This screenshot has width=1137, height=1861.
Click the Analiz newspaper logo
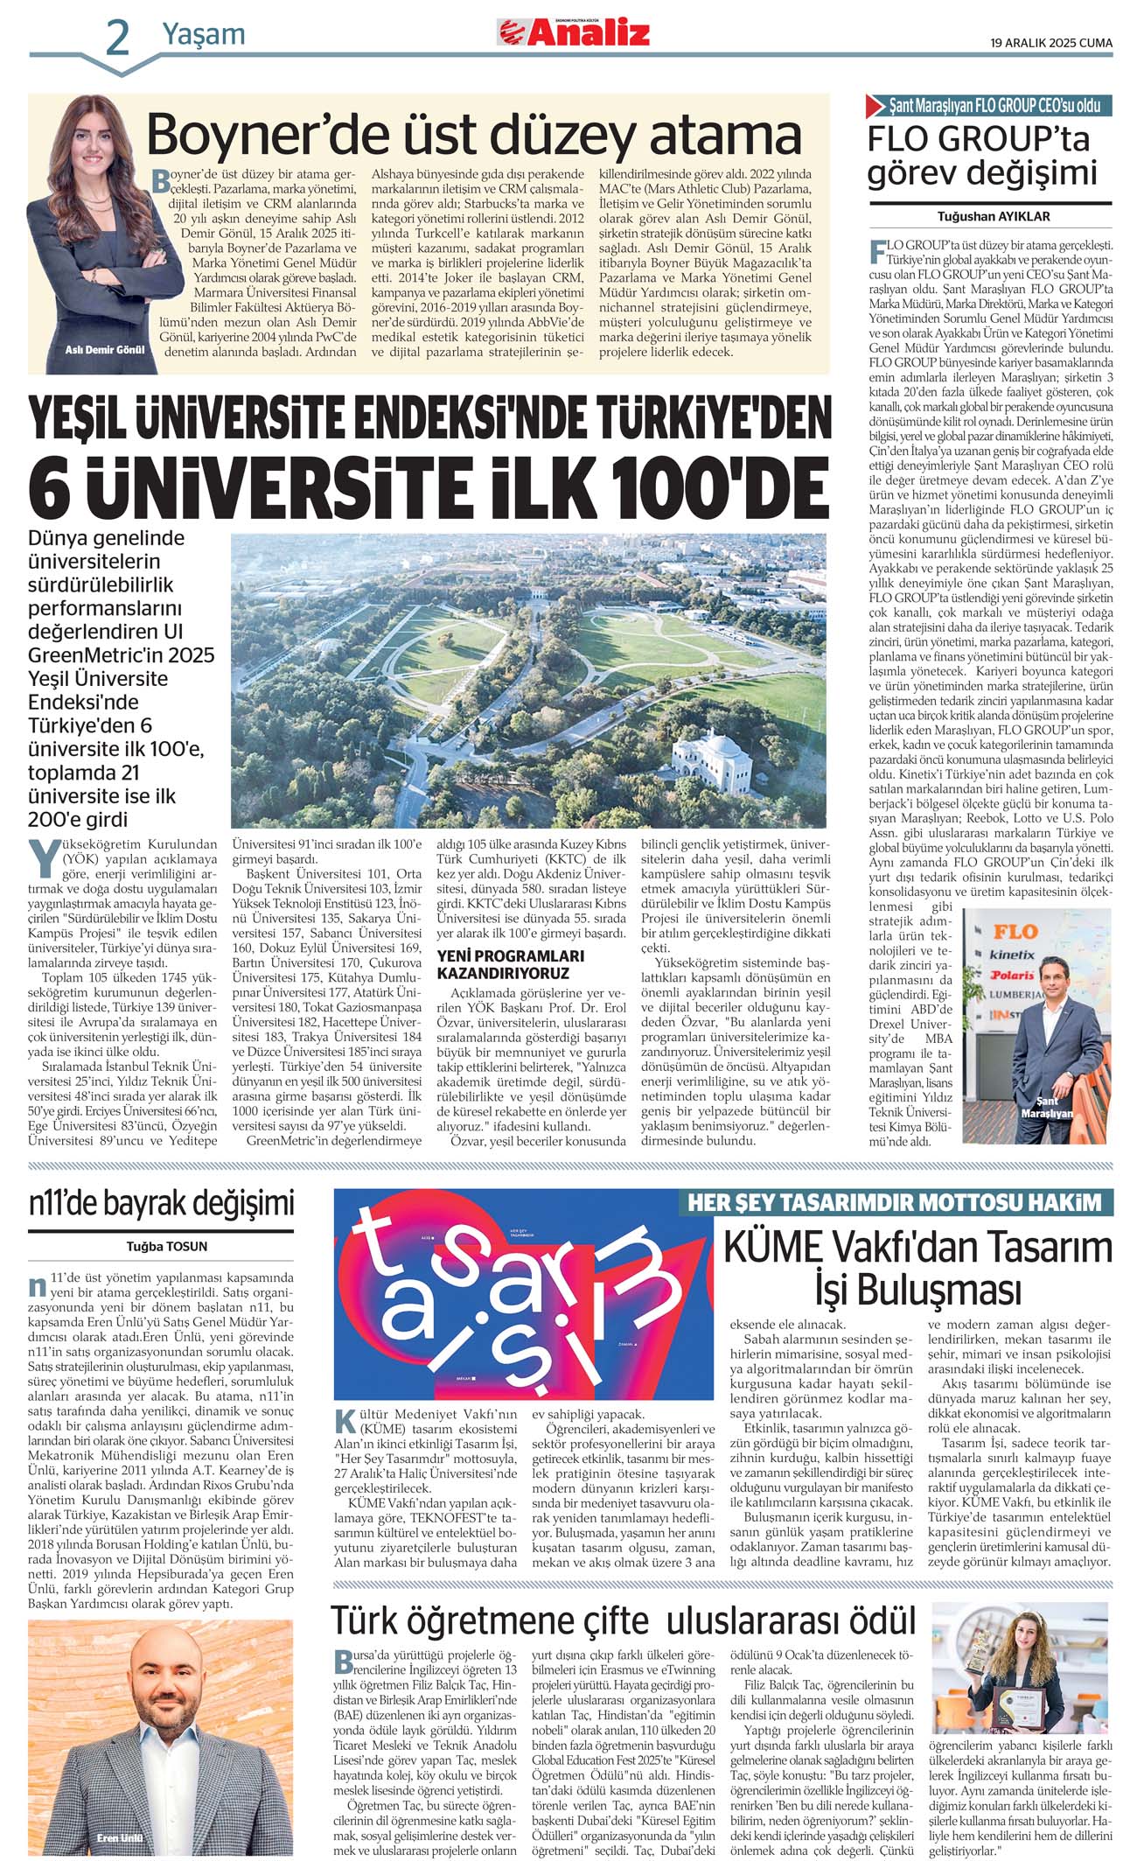coord(574,33)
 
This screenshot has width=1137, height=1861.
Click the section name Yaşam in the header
coord(203,35)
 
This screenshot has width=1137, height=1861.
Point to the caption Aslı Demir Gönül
coord(105,349)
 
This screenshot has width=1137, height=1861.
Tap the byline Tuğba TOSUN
coord(166,1246)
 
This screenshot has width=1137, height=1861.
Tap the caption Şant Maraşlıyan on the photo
coord(1047,1107)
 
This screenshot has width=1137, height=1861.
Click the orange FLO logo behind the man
coord(1015,931)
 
